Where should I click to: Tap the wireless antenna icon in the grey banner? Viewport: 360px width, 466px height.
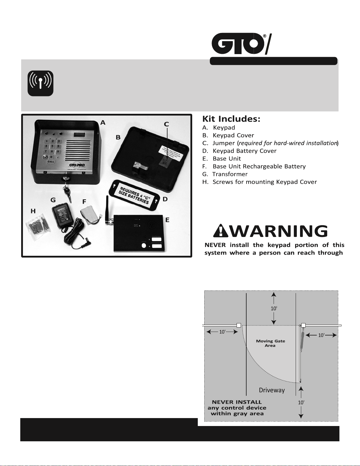41,83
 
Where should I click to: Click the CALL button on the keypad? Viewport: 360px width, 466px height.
51,161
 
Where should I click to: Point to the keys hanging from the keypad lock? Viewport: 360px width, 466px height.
67,193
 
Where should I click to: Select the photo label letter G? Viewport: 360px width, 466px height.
53,200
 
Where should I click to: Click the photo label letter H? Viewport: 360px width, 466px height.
33,211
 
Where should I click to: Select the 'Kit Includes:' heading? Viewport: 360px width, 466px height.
231,119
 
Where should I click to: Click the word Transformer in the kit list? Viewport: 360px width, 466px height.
230,174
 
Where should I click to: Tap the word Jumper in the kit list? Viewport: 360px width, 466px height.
224,143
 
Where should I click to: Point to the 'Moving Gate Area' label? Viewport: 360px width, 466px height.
270,343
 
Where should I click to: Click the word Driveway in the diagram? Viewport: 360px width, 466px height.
272,390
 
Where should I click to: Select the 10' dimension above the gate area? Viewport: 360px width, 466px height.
274,308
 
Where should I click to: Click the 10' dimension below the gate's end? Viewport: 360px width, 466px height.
301,402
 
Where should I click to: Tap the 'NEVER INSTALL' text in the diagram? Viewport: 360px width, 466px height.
237,402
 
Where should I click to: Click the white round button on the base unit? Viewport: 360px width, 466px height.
144,245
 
